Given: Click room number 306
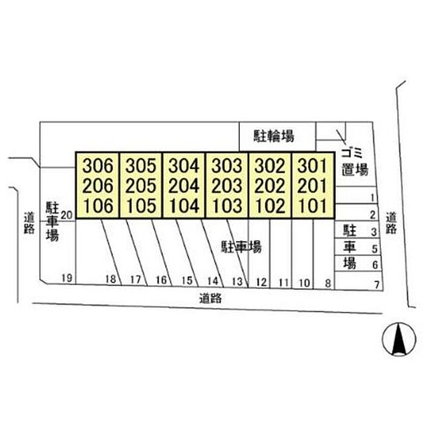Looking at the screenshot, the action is coord(98,166).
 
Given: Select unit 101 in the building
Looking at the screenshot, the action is coord(312,206).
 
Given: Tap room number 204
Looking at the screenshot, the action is coord(184,186).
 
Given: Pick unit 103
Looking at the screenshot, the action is coord(227,206).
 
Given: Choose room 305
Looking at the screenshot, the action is coord(141,166).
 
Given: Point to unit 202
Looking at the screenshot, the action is coord(270,186).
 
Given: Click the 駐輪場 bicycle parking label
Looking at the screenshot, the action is coord(274,136).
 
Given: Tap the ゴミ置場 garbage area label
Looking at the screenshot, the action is coord(355,162).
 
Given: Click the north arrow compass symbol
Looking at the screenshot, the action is coord(399,339).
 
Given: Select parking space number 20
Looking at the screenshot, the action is coord(67,215).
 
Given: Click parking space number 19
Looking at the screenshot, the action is coord(67,278).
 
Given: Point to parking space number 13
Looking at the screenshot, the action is coord(237,282).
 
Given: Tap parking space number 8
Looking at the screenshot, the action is coord(328,283).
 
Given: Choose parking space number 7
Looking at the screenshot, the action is coord(377,285).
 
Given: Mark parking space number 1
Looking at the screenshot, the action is coord(373,198).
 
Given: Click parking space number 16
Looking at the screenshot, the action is coord(161,280).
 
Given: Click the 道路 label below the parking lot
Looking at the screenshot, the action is coord(210,299).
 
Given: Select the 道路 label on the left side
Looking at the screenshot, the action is coord(29,223).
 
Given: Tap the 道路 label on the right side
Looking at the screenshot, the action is coord(391,223).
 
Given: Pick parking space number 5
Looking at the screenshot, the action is coord(375,249).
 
